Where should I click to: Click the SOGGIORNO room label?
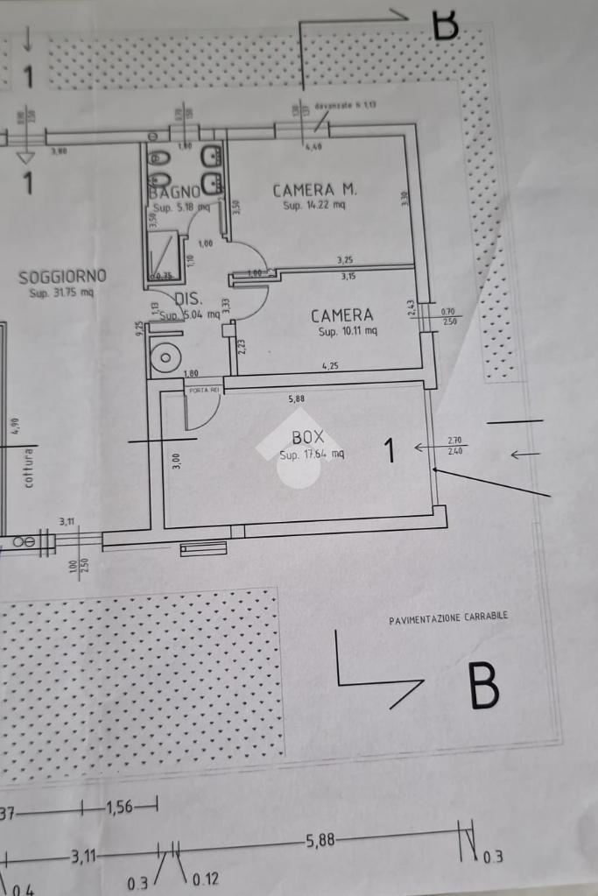[62, 277]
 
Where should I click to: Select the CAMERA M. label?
[314, 190]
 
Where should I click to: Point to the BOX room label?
[307, 436]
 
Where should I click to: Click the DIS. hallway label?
[189, 298]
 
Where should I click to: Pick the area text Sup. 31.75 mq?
[61, 293]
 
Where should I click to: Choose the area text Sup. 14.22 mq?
[314, 206]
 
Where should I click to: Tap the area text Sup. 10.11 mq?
[348, 332]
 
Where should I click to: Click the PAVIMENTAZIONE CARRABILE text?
[448, 617]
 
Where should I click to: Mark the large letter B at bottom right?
[483, 686]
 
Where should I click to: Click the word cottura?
[29, 468]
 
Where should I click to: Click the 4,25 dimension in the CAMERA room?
[330, 366]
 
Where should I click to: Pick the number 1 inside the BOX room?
[390, 451]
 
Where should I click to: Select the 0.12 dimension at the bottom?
[205, 879]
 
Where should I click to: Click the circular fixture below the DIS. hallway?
[166, 357]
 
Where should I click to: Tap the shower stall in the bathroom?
[164, 255]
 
